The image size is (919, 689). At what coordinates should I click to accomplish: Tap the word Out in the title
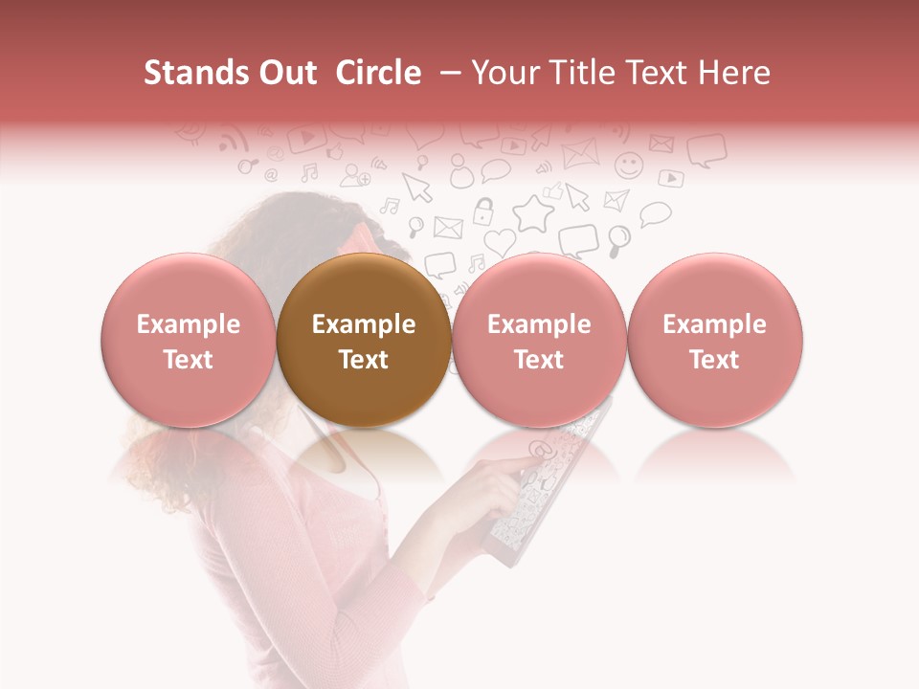pyautogui.click(x=286, y=73)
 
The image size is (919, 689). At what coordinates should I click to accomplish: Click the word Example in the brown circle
pyautogui.click(x=364, y=324)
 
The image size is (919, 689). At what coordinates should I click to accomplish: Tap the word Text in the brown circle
pyautogui.click(x=364, y=360)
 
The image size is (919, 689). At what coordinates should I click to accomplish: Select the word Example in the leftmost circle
pyautogui.click(x=189, y=324)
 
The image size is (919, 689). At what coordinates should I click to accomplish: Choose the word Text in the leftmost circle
pyautogui.click(x=189, y=360)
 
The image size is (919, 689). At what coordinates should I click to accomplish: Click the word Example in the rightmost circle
pyautogui.click(x=715, y=324)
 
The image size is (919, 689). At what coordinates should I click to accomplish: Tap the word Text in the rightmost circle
pyautogui.click(x=715, y=360)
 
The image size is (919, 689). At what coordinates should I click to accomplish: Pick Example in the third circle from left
pyautogui.click(x=539, y=324)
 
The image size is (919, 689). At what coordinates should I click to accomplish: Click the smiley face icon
pyautogui.click(x=629, y=165)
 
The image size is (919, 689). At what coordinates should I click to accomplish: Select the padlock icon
pyautogui.click(x=484, y=211)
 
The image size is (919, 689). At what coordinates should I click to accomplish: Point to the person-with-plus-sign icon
pyautogui.click(x=356, y=174)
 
